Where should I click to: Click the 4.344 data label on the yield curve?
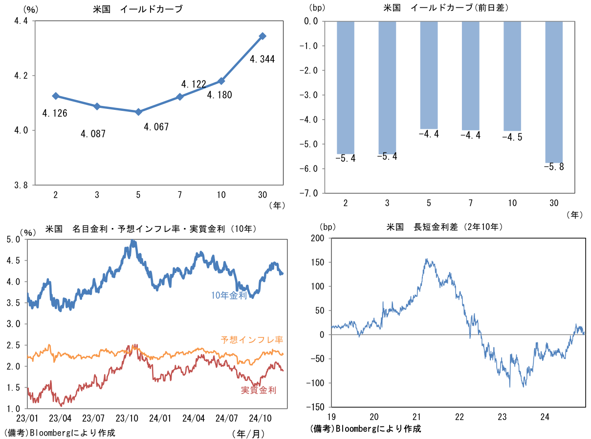pos(262,60)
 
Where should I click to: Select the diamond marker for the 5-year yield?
pos(138,112)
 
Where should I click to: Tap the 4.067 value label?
pos(156,127)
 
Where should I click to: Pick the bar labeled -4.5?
pos(512,76)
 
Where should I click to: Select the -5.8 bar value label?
pos(553,167)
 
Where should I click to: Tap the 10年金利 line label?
pos(229,295)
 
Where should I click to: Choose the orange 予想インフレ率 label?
pos(252,339)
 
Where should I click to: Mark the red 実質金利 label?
pos(259,390)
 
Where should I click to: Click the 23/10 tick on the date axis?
pos(127,418)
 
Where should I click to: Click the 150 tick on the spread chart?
pos(317,262)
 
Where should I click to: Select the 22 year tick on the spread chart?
pos(460,417)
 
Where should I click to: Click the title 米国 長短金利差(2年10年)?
pos(444,227)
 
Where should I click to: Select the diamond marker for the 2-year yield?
pos(56,96)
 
